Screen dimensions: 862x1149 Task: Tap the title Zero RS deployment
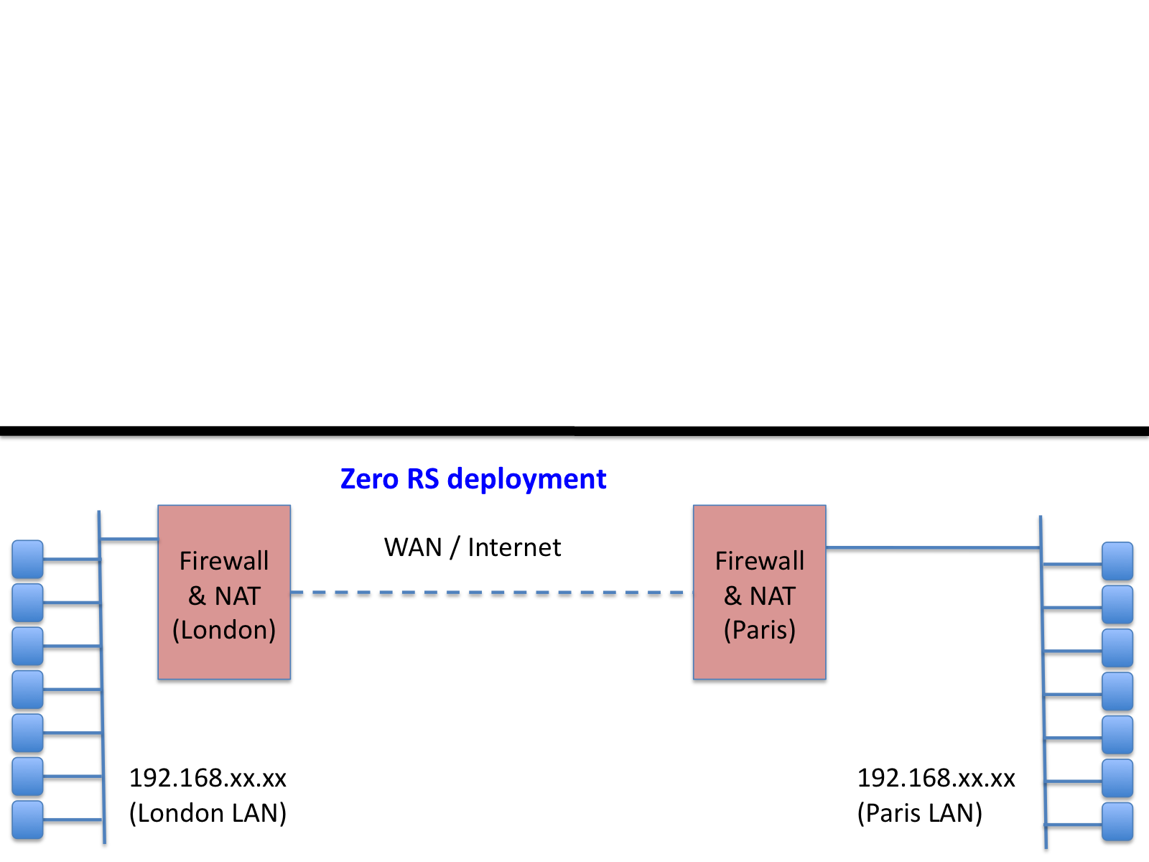473,479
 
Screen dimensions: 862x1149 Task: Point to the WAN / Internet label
472,547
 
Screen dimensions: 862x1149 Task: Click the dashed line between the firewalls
491,593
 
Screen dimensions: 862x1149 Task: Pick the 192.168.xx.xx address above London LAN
208,778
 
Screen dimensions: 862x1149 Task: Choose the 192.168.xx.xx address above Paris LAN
936,778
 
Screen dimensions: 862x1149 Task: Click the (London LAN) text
208,813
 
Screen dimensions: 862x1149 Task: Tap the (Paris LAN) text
919,813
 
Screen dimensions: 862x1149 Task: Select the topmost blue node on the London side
27,559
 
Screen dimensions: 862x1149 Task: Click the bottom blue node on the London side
27,820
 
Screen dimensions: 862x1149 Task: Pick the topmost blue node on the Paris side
1117,561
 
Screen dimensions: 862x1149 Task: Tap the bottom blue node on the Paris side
1117,822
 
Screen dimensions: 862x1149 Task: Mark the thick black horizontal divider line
574,431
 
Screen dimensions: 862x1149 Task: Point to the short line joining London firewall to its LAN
129,538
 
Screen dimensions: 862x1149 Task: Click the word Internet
514,547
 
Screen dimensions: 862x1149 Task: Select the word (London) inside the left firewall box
224,630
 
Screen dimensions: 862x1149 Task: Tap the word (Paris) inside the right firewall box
759,630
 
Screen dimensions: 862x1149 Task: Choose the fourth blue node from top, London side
27,689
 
